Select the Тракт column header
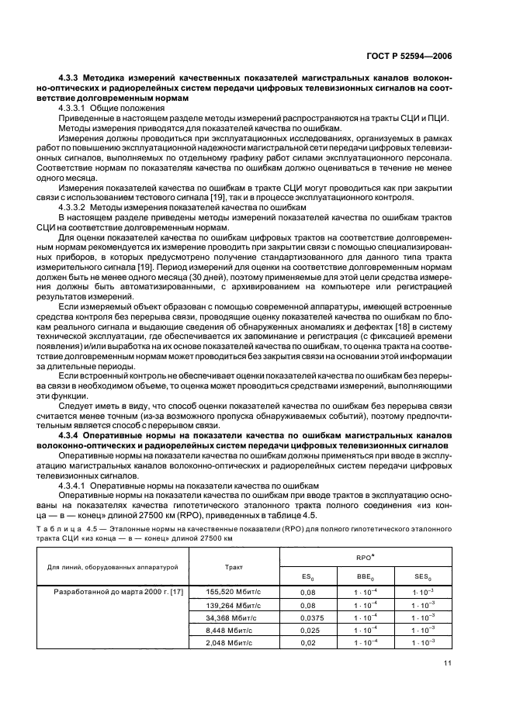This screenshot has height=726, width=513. point(234,567)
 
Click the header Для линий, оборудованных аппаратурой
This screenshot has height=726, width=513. point(114,567)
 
